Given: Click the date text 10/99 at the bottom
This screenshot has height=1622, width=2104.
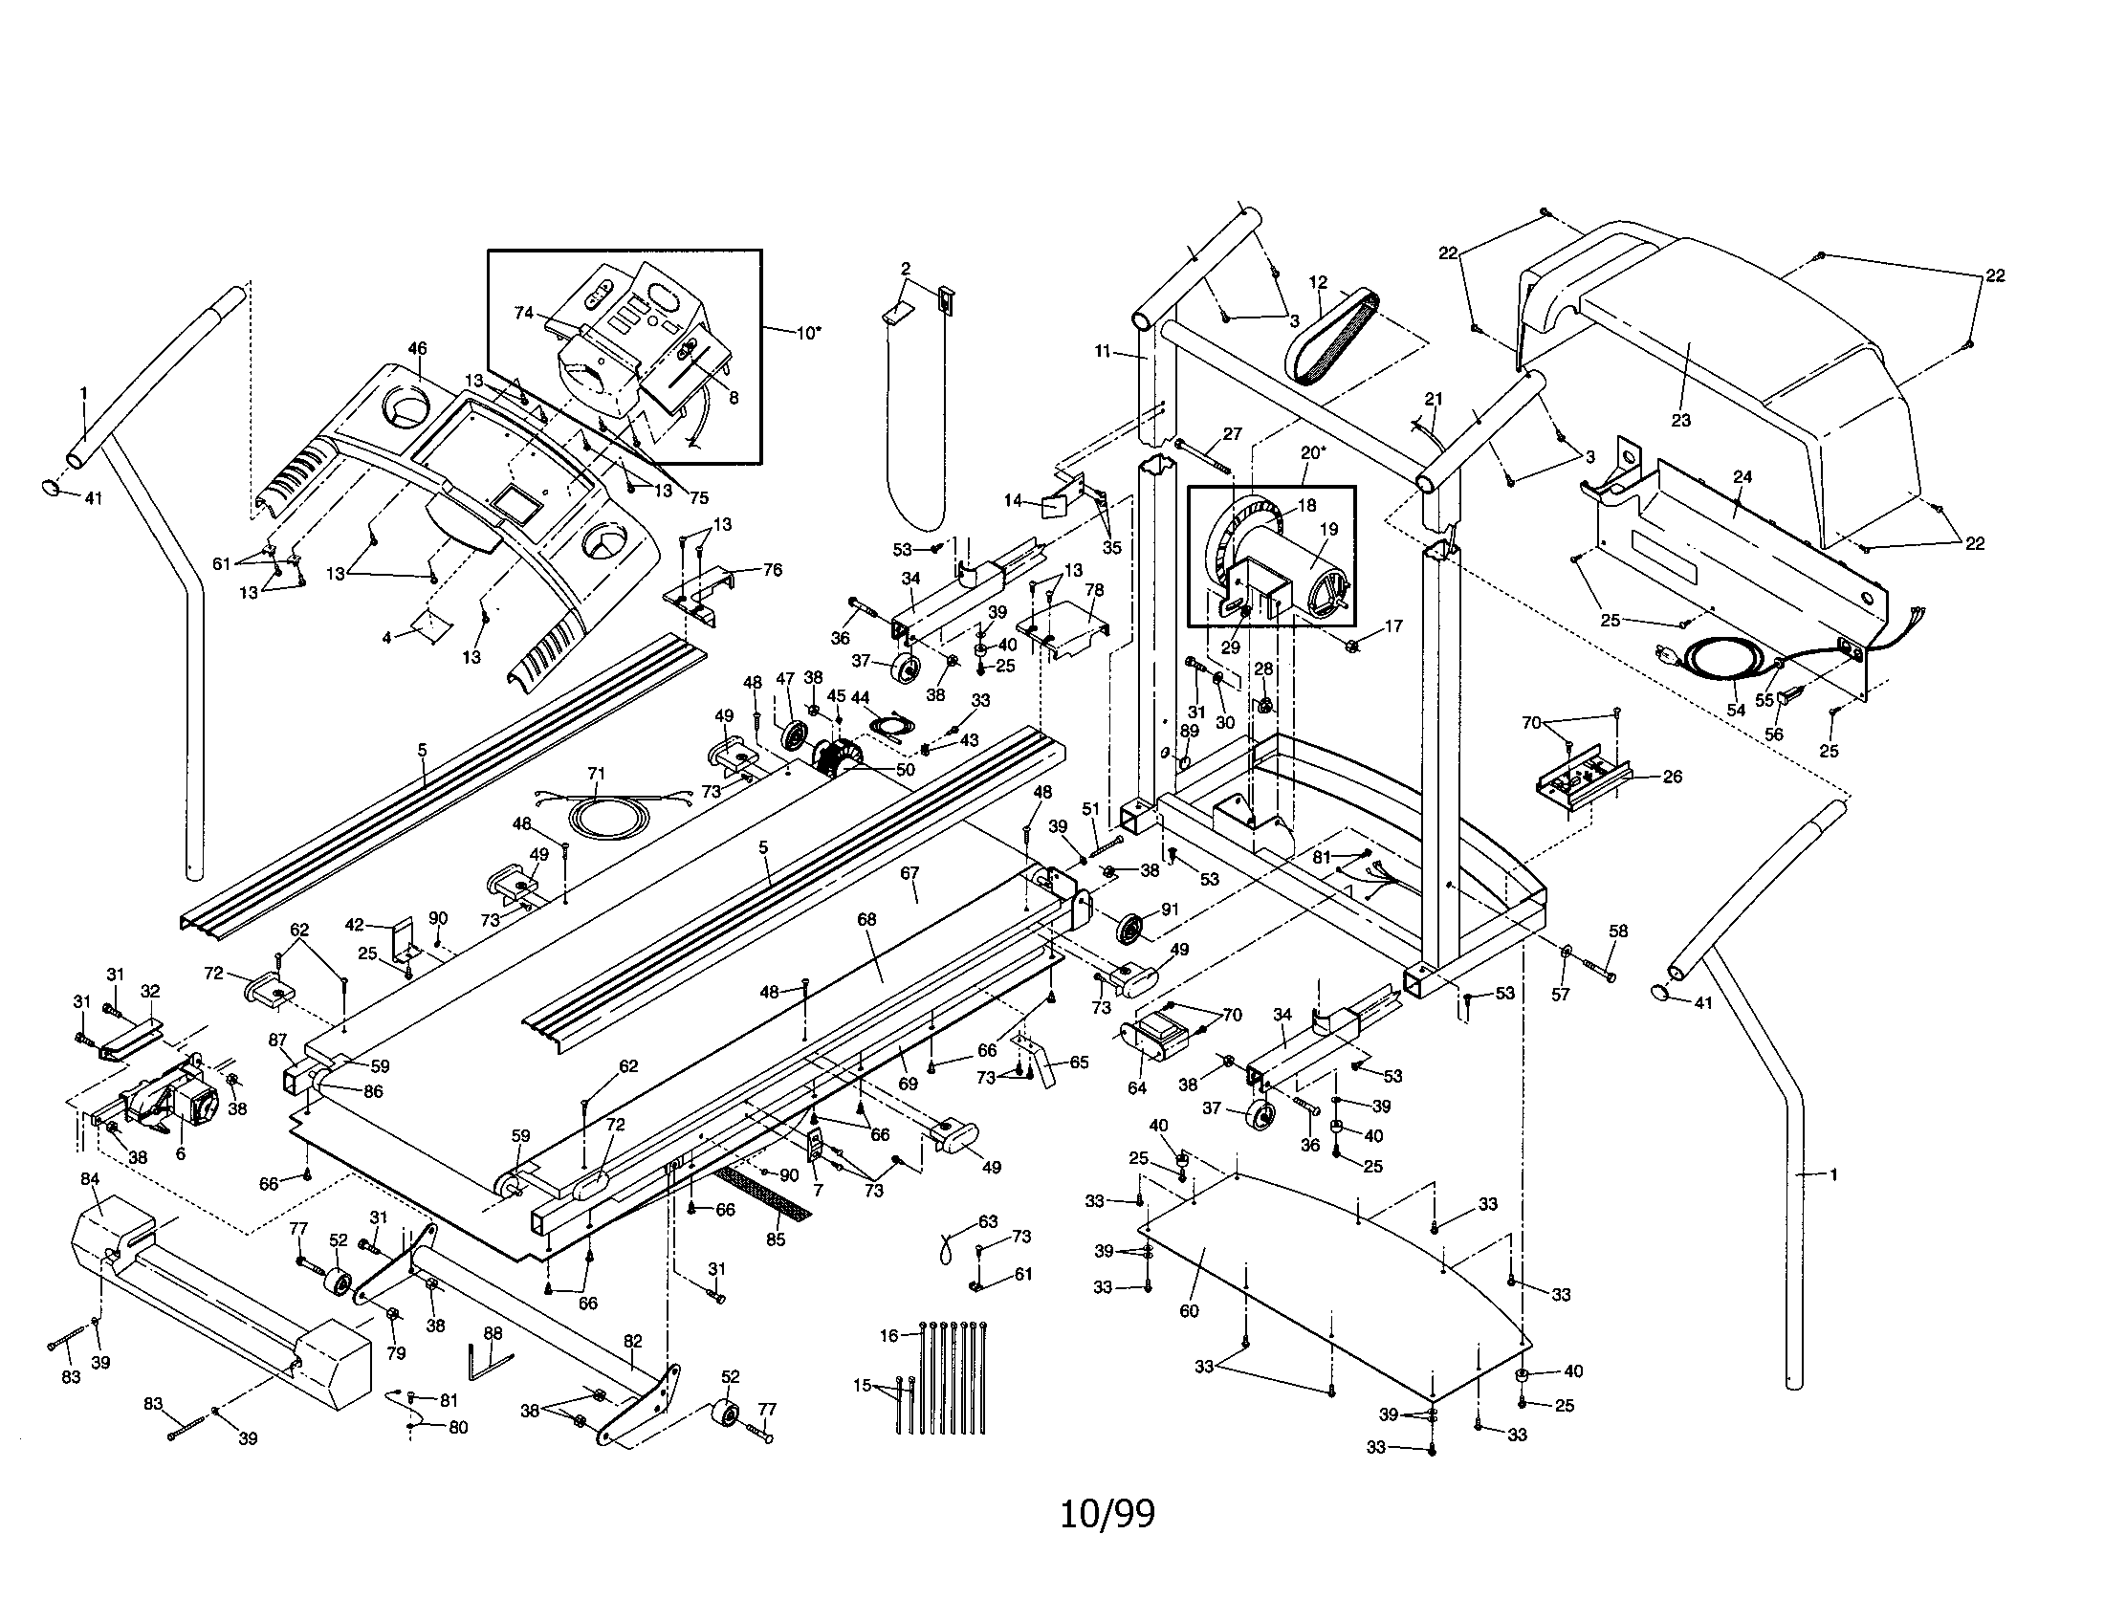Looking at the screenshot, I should (1107, 1513).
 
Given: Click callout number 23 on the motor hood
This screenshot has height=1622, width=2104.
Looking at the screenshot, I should (1680, 420).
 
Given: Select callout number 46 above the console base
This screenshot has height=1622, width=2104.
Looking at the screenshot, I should (417, 349).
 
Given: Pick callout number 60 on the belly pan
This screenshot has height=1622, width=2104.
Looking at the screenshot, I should (1189, 1311).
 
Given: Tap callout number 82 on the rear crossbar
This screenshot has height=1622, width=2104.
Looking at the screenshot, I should (632, 1341).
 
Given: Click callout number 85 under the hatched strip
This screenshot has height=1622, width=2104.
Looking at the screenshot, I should (776, 1239).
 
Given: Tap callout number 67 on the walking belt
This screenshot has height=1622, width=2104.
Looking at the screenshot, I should (910, 873).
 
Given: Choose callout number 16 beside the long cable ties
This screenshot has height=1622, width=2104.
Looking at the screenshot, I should (888, 1335).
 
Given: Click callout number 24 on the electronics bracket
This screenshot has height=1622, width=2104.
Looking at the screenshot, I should (1742, 476).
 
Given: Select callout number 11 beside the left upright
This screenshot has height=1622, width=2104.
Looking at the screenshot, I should (1103, 352).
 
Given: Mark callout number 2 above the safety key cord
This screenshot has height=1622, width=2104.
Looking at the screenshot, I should (905, 268).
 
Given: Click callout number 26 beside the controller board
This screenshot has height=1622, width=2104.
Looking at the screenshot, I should (1673, 776).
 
